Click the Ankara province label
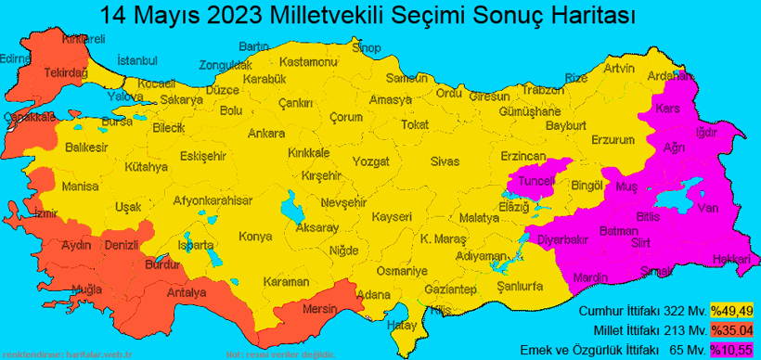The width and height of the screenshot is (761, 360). [266, 134]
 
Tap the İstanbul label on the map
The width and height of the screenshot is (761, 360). [138, 61]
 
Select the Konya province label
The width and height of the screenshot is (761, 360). [255, 237]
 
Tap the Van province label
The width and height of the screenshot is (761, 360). [707, 207]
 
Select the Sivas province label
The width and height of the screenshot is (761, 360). [445, 162]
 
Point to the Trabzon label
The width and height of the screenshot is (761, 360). [542, 90]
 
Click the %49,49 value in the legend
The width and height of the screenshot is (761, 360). [731, 310]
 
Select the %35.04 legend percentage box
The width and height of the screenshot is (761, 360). [731, 329]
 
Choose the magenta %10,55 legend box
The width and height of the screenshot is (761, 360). [731, 349]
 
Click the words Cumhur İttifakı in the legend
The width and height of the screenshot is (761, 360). [615, 310]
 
